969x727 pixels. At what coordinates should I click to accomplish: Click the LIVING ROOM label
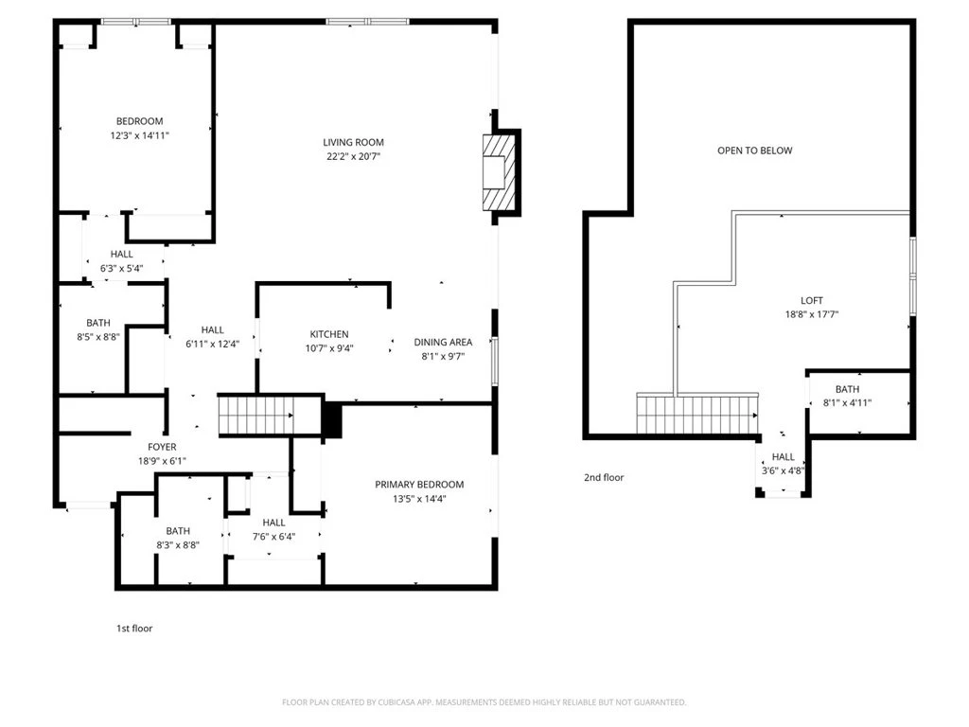coord(353,142)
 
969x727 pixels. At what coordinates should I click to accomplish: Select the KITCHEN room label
coord(328,334)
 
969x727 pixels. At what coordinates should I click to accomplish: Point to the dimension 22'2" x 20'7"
coord(353,156)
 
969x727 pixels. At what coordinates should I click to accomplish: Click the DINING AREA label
coord(443,342)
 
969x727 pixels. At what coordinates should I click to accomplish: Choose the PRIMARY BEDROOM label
coord(419,485)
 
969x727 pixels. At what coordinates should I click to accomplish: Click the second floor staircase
coord(697,414)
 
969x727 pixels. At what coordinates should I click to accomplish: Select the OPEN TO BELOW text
coord(754,151)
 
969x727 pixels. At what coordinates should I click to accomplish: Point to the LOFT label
coord(811,300)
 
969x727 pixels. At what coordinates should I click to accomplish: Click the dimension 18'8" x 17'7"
coord(811,314)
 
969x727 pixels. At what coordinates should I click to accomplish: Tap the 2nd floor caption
coord(604,477)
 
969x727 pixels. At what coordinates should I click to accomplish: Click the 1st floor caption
coord(134,629)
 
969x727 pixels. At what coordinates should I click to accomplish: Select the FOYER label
coord(162,447)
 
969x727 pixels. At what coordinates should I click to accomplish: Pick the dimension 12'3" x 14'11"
coord(140,135)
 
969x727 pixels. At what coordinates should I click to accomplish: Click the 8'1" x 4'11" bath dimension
coord(847,403)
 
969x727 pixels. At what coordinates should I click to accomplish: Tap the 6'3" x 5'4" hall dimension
coord(122,268)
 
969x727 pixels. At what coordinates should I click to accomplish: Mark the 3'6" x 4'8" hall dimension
coord(783,470)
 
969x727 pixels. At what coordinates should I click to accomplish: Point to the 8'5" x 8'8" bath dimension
coord(98,337)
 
